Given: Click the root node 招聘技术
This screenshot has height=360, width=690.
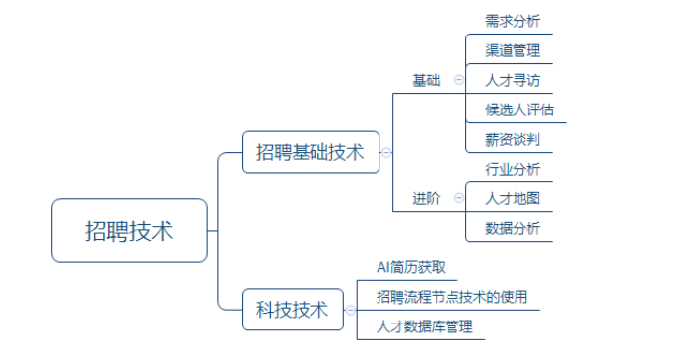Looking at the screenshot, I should pos(129,231).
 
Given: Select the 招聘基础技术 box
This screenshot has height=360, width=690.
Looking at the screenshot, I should pos(310,152).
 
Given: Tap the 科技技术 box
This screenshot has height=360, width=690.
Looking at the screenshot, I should pos(293,310).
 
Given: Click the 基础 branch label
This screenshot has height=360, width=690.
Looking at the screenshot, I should pos(426,80).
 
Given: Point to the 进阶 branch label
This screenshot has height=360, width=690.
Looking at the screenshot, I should pos(426,198).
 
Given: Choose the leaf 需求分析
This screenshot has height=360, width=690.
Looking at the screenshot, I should pos(513,21).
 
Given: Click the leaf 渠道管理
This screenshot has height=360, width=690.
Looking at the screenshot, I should pos(513,50).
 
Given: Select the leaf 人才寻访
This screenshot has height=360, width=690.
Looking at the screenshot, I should pos(513,80).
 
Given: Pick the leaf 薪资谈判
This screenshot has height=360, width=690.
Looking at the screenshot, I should pos(513,139).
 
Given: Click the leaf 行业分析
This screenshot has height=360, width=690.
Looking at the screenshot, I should pos(513,169).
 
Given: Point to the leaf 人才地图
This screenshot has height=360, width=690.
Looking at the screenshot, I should pos(513,198).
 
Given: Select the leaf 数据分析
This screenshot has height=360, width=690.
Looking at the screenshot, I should pos(513,228).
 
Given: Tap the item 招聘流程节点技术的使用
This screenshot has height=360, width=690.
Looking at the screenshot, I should pos(451,297).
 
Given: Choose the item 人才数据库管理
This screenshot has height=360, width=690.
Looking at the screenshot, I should pos(425,326).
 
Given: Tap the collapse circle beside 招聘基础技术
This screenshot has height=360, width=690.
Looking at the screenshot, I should pos(386,153).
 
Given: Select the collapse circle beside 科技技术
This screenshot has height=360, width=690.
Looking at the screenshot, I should pos(350,310).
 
